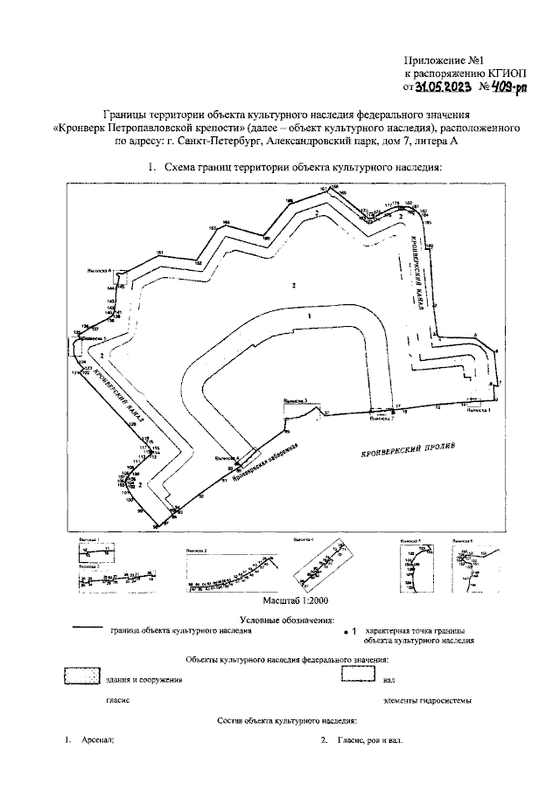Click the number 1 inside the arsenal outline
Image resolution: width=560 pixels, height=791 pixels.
(308, 314)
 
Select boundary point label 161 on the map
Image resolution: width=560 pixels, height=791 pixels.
(160, 253)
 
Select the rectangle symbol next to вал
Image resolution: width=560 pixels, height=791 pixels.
(357, 676)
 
